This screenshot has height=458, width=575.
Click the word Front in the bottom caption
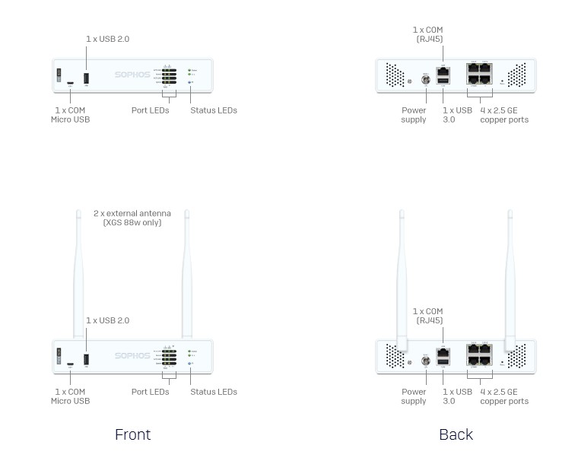(132, 434)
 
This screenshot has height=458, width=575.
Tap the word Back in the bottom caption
(456, 434)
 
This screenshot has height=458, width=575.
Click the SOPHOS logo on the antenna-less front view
(133, 75)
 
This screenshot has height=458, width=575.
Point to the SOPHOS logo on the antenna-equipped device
(133, 355)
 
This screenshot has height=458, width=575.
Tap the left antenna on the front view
(78, 274)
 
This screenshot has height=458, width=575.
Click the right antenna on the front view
(187, 274)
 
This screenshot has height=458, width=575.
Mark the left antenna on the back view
(402, 274)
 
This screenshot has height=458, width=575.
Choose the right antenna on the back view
(510, 274)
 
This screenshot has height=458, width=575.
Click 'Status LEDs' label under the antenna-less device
(214, 110)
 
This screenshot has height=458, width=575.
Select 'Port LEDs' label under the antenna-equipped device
(150, 392)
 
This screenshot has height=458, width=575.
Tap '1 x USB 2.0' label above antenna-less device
(107, 39)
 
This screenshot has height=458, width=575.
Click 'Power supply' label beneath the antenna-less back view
(414, 115)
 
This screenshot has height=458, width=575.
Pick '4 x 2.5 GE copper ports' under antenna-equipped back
(504, 396)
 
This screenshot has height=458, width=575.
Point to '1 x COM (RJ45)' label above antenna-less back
(428, 34)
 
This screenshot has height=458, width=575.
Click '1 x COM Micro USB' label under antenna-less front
(70, 115)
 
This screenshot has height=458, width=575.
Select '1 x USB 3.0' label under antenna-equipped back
(457, 396)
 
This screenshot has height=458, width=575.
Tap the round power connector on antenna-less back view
(426, 79)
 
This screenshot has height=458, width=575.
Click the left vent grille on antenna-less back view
(395, 75)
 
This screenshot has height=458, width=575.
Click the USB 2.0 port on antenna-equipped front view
(86, 358)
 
